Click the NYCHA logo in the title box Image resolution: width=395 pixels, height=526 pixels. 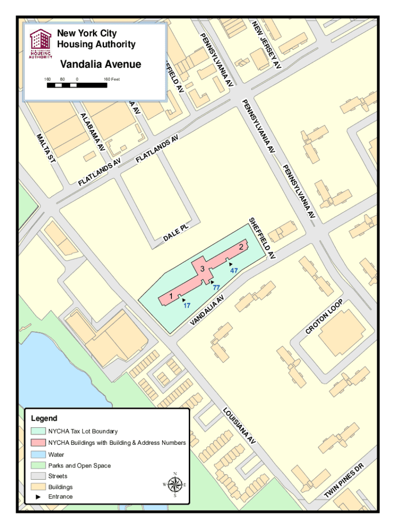[x=41, y=44]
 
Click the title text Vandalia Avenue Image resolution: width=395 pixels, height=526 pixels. [x=101, y=65]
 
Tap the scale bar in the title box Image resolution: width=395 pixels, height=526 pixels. [x=77, y=85]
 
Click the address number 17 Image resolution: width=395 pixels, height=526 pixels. [x=187, y=305]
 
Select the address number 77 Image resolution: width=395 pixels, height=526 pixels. [x=216, y=288]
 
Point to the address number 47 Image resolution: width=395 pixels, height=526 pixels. [x=234, y=270]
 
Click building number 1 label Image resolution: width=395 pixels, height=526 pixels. [x=171, y=296]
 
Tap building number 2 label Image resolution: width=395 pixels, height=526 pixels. [x=241, y=248]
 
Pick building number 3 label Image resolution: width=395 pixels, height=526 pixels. [x=203, y=269]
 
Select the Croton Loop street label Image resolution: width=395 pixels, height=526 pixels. [x=324, y=316]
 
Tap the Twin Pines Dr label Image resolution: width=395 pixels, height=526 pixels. [x=344, y=480]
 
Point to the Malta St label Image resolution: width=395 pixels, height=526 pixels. [x=46, y=147]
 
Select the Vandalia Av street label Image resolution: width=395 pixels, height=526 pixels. [x=207, y=310]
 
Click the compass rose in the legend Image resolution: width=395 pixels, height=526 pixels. [x=174, y=484]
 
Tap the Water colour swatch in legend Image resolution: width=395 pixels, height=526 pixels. [x=38, y=455]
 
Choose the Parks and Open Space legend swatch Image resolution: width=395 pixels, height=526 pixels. [x=38, y=465]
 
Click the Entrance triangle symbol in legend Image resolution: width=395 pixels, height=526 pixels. [x=38, y=497]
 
